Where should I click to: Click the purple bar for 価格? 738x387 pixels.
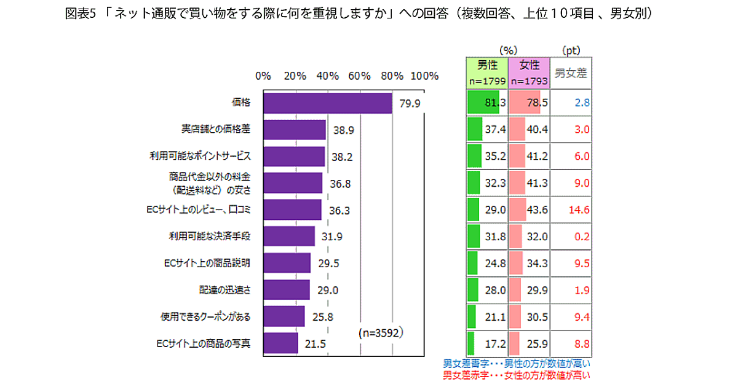327,103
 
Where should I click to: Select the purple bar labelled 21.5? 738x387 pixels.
280,343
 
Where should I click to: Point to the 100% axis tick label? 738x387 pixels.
424,76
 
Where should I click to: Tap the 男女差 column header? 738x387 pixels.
571,73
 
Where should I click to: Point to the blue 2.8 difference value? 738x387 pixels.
582,103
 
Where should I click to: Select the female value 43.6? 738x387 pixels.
538,209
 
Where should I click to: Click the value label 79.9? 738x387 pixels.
410,103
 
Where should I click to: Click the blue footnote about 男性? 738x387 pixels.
517,364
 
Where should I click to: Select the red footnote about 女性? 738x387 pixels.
517,375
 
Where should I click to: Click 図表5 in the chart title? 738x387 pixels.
78,14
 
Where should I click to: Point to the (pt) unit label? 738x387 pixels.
571,50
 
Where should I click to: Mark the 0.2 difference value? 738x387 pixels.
582,237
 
